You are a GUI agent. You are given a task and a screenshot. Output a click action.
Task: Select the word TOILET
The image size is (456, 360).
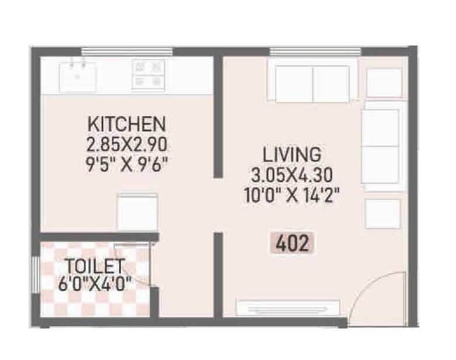[x=94, y=266]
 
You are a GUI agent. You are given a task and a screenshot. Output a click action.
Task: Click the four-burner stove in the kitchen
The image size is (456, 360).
[x=147, y=74]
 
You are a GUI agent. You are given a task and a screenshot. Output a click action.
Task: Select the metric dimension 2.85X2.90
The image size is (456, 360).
[x=127, y=143]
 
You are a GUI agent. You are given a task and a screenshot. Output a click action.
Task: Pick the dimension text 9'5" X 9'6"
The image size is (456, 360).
[x=127, y=162]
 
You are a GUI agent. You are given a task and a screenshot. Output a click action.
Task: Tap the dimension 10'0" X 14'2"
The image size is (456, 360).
[x=291, y=194]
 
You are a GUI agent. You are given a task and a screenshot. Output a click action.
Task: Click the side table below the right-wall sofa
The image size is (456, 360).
[x=382, y=214]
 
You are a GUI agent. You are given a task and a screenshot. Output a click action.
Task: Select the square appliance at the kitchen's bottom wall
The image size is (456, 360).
[x=137, y=212]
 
